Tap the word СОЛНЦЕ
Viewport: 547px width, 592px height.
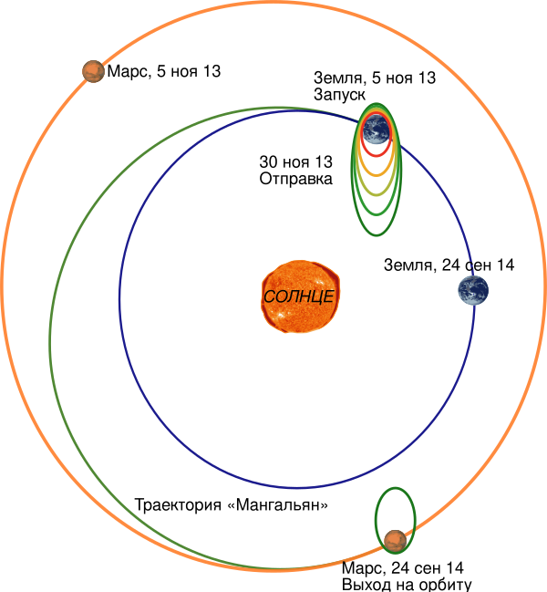point(299,297)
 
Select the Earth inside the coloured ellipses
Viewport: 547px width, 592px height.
point(377,132)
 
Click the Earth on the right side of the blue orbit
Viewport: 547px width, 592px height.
point(473,290)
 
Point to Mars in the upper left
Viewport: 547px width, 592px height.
point(93,70)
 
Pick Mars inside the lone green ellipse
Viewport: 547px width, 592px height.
point(395,540)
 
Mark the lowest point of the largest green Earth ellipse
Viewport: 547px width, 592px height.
point(377,235)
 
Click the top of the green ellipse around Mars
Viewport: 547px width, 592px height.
point(396,488)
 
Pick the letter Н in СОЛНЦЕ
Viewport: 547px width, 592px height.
point(304,297)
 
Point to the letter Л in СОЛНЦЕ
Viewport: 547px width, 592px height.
point(293,297)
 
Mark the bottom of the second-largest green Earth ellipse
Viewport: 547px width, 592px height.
point(377,215)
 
